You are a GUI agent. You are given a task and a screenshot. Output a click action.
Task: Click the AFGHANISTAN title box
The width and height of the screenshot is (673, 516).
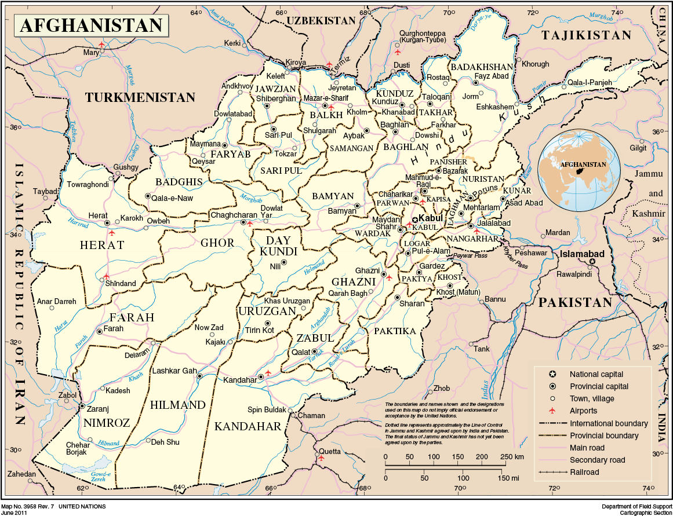92,25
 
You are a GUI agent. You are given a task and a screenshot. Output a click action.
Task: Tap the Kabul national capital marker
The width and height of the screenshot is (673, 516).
415,219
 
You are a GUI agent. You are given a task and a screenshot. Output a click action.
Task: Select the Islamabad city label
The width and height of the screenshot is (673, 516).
582,254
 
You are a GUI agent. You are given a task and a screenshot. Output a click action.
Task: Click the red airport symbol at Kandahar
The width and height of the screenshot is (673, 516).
268,374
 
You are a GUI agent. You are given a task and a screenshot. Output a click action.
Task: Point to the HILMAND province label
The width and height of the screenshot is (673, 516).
178,405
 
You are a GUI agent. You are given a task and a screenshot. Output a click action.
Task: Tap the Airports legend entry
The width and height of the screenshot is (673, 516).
583,411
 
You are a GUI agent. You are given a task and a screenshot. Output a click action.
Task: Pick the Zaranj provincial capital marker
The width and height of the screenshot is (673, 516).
82,406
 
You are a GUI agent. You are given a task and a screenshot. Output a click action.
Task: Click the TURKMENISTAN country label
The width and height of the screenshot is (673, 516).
140,97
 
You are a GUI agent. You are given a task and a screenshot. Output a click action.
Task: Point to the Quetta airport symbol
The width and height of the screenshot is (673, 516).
321,458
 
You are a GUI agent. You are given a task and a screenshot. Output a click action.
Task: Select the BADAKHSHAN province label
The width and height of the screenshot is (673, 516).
482,67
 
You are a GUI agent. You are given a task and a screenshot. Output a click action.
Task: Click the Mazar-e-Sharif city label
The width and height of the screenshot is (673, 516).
326,98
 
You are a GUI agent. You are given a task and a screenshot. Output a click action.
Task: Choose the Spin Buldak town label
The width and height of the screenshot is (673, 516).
267,410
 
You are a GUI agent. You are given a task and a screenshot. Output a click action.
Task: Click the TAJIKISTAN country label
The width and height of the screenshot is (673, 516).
586,35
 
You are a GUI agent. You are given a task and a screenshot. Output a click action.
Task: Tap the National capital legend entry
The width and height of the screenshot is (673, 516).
596,374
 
